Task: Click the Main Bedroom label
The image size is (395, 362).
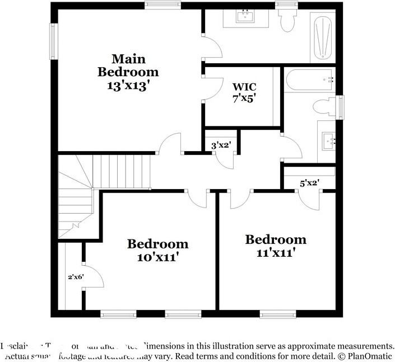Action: (x=128, y=65)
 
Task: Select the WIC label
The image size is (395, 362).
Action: (x=244, y=87)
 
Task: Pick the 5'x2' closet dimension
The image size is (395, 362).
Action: (x=309, y=182)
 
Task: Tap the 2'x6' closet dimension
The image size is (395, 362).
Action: (x=76, y=276)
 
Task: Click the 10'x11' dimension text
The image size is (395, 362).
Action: (x=157, y=257)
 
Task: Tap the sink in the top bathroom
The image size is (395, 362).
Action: (x=245, y=17)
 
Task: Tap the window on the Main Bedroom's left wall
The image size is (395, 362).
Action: (x=54, y=40)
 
